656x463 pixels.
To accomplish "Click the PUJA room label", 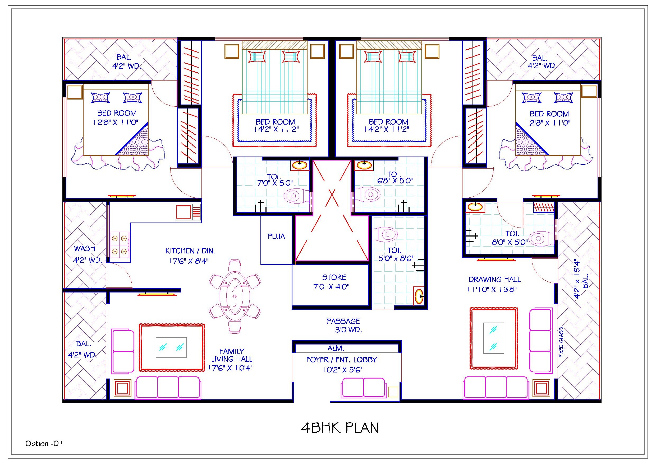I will click(x=276, y=237).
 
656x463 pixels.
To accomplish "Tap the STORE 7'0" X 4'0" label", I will click(x=333, y=282).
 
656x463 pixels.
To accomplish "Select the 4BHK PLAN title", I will click(x=340, y=428).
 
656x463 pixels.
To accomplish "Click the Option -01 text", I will click(x=44, y=444).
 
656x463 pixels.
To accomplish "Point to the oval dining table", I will click(x=235, y=296).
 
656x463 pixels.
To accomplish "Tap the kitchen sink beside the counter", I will click(x=187, y=212).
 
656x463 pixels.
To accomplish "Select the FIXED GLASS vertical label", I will click(x=561, y=342).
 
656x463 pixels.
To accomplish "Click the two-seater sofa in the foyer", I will click(x=363, y=388).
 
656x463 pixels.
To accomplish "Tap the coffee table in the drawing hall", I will click(x=493, y=338).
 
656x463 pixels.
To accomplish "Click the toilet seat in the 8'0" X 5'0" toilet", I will click(x=538, y=238).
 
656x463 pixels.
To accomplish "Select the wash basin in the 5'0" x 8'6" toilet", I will click(x=419, y=296).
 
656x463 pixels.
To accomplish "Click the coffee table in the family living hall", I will click(x=171, y=347).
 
